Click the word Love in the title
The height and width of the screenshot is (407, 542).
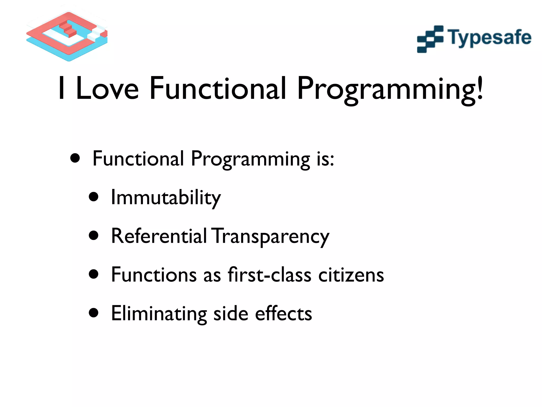(x=107, y=89)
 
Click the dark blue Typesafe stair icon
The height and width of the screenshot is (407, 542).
(x=430, y=39)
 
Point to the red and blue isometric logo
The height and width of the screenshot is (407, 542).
(x=67, y=36)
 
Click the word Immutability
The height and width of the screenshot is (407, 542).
(x=166, y=198)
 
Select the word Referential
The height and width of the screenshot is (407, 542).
(x=159, y=236)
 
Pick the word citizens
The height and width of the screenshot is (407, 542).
(x=351, y=275)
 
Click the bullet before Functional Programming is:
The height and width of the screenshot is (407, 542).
(x=75, y=158)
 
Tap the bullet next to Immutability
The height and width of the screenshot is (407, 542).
(x=94, y=197)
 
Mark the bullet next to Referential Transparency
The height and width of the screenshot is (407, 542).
(x=94, y=236)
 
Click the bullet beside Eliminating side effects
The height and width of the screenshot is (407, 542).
(x=94, y=313)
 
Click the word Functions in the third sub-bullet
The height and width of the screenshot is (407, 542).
(x=154, y=275)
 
